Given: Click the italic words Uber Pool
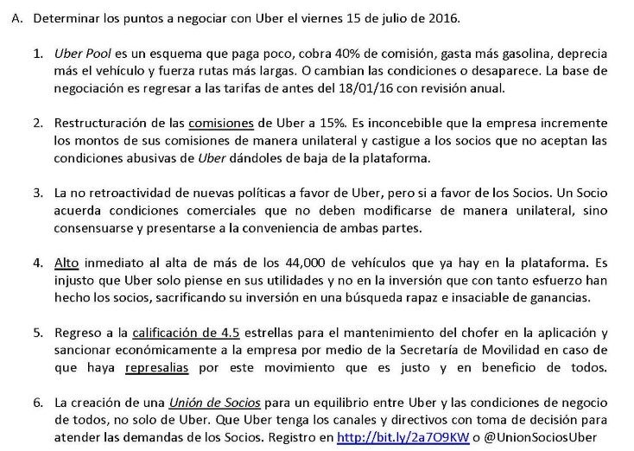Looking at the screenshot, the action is (80, 54).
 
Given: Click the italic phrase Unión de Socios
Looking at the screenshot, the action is (206, 403).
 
